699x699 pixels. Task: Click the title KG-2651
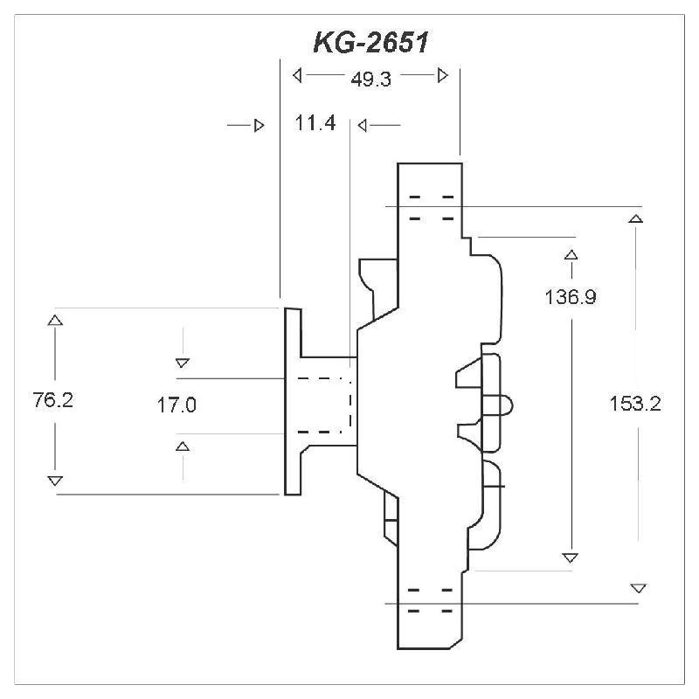[370, 43]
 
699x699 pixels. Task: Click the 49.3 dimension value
[370, 78]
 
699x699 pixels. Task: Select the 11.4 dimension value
[315, 124]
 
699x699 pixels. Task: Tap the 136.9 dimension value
[571, 297]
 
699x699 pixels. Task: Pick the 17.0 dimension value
[177, 405]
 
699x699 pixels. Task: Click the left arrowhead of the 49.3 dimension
[298, 75]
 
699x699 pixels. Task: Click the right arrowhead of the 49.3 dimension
[443, 75]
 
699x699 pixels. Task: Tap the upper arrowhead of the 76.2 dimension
[55, 320]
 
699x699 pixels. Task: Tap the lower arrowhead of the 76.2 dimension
[55, 481]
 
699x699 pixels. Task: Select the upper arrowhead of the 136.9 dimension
[571, 255]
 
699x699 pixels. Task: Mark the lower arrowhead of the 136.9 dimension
[571, 557]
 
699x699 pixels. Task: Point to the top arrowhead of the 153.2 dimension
[637, 218]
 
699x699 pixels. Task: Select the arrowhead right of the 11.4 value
[363, 126]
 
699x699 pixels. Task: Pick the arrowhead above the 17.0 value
[183, 362]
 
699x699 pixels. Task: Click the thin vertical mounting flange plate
[291, 401]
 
